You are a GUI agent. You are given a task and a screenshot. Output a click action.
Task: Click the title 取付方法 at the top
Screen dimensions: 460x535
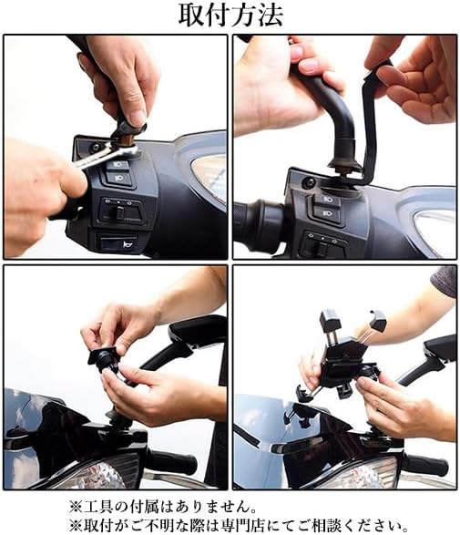tap(230, 15)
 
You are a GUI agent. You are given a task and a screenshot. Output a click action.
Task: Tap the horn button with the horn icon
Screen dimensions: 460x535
tap(118, 242)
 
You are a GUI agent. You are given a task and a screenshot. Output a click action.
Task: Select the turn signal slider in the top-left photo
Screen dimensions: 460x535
tap(120, 211)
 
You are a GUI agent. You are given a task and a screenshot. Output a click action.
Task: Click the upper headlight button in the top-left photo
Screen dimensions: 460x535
tap(118, 165)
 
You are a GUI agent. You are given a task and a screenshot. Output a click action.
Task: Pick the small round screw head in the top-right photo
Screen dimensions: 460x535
tap(309, 183)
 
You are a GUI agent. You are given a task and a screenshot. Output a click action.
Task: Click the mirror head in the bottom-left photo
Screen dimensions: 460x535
tap(198, 332)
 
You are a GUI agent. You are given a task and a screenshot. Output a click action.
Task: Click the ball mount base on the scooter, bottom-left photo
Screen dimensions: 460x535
tap(118, 419)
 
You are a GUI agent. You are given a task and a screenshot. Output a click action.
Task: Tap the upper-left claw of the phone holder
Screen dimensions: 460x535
tap(330, 319)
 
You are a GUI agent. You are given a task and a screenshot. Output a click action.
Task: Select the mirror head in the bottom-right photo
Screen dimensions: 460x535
tap(441, 349)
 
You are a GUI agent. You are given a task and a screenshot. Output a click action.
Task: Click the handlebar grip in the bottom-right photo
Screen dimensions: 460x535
tap(425, 463)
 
